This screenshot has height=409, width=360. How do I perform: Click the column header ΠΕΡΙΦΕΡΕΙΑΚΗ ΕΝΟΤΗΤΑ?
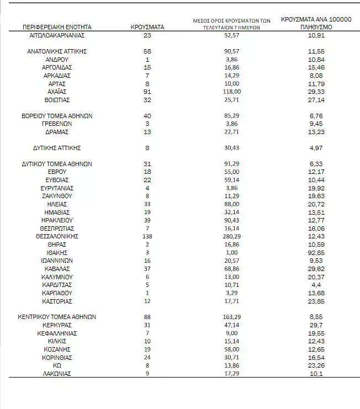point(57,26)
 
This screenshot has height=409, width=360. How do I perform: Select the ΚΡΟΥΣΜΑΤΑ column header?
point(147,26)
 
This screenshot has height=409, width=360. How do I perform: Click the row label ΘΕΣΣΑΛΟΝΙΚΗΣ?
point(57,236)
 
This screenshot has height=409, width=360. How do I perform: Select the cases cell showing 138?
point(147,236)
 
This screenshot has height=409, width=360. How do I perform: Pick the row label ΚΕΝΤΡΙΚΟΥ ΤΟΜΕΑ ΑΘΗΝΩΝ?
point(57,317)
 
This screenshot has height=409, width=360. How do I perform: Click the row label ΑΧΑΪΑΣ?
point(57,92)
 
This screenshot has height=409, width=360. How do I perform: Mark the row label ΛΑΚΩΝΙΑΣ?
point(57,374)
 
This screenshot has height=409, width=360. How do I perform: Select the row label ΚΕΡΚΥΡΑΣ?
point(57,325)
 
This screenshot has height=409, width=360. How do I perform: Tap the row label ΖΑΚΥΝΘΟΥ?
point(57,196)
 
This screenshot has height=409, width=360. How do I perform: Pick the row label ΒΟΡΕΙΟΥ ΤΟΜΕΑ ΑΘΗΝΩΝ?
point(57,116)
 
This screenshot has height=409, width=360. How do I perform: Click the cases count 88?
point(147,317)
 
